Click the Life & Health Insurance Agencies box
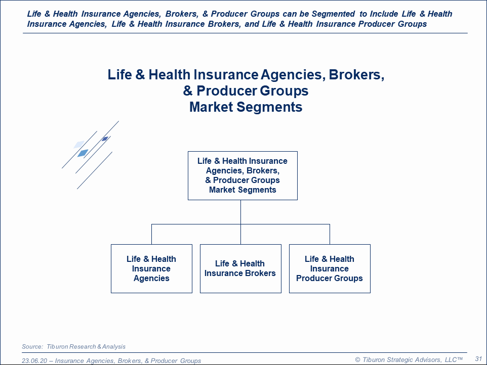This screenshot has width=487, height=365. pos(151,268)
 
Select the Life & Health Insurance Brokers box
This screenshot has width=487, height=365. pos(240,268)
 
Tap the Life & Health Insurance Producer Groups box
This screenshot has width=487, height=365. pos(330,268)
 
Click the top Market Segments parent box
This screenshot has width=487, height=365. pos(242,175)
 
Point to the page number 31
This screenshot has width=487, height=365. pos(478,359)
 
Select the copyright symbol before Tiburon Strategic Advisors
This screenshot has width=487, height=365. pos(357,360)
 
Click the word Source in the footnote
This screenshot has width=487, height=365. pos(32,346)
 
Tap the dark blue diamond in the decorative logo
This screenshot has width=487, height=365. pos(105,139)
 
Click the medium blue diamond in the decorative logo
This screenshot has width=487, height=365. pos(83,153)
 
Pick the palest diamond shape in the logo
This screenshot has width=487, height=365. pos(79,145)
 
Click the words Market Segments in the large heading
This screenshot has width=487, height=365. pos(246,107)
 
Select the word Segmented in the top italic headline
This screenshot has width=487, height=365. pos(333,14)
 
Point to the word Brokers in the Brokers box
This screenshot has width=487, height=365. pos(260,273)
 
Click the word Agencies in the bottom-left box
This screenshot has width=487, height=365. pos(151,279)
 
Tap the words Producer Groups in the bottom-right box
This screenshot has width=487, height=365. pos(330,278)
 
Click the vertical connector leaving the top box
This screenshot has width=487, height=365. pos(240,212)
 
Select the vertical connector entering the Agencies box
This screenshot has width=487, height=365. pos(151,234)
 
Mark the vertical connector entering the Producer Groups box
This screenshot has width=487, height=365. pos(330,234)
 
